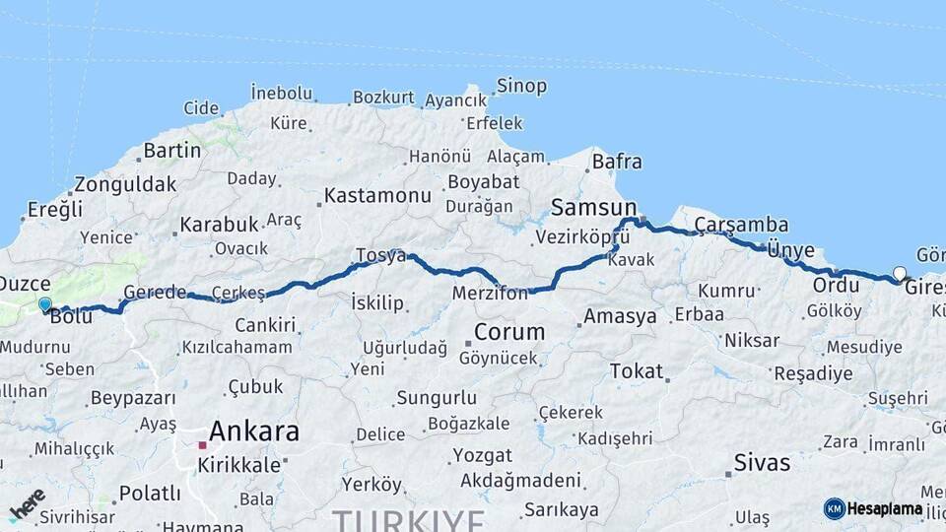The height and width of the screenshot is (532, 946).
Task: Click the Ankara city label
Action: (x=254, y=432)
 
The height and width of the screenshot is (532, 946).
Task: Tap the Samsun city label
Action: (x=593, y=207)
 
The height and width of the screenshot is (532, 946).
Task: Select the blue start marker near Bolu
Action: (x=44, y=305)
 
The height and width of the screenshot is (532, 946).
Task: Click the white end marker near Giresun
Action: (x=899, y=274)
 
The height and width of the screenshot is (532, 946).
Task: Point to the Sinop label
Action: (x=521, y=86)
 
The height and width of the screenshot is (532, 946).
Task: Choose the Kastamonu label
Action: (x=377, y=195)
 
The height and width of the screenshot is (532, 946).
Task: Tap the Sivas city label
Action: (x=762, y=462)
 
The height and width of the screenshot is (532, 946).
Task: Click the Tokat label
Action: (x=637, y=370)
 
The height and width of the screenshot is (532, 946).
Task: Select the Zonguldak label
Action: (x=125, y=183)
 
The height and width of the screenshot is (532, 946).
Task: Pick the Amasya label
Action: (x=620, y=316)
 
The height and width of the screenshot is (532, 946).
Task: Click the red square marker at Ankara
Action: (x=202, y=445)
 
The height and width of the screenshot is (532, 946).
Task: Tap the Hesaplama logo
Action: (x=873, y=508)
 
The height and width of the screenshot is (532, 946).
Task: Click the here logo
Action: (x=27, y=503)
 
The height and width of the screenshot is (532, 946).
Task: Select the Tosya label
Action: (x=380, y=255)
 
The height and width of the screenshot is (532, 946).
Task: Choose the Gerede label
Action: (x=154, y=293)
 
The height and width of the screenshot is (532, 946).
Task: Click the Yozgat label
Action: (x=482, y=456)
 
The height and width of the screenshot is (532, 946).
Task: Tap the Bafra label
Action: (x=617, y=162)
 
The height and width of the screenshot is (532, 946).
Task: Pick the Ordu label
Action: (x=836, y=285)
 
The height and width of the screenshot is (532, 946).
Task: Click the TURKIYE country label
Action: (x=408, y=520)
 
